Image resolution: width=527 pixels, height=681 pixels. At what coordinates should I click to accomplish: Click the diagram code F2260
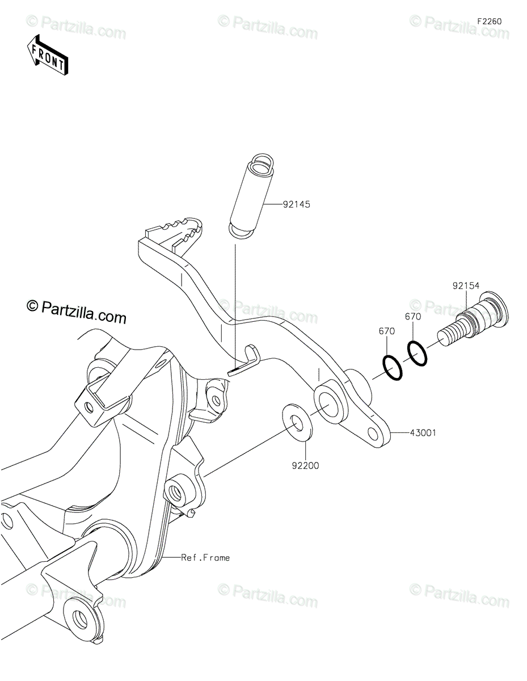click(x=490, y=22)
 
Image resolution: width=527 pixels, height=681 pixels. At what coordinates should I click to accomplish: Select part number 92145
click(x=296, y=204)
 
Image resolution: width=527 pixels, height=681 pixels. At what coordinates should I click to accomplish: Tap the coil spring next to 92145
click(x=252, y=196)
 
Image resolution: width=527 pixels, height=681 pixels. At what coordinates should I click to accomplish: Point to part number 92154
click(x=466, y=285)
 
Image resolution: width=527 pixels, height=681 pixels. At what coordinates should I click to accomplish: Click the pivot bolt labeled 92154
click(x=473, y=319)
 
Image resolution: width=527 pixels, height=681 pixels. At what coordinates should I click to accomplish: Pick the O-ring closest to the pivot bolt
click(x=417, y=353)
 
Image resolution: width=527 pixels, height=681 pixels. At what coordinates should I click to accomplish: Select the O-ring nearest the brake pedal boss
click(x=392, y=368)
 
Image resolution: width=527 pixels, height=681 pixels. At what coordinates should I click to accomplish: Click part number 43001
click(x=423, y=433)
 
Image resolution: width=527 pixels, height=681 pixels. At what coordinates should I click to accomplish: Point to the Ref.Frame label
click(x=205, y=558)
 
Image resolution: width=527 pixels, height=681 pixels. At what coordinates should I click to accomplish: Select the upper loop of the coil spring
click(x=263, y=163)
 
